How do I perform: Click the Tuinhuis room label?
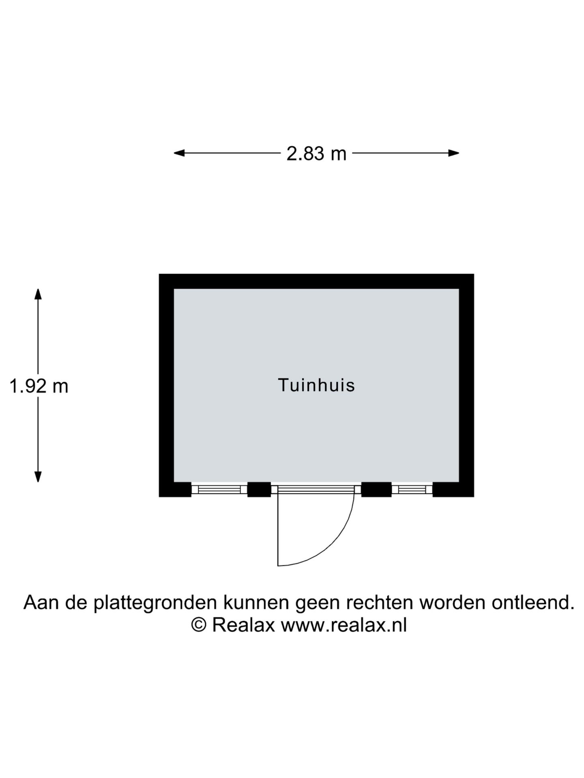click(x=316, y=385)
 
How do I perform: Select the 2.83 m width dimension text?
click(x=316, y=154)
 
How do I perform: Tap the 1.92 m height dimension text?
click(x=39, y=386)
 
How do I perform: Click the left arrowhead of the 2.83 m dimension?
click(x=179, y=153)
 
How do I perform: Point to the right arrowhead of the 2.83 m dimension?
click(x=453, y=153)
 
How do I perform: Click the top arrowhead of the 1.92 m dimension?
click(x=38, y=294)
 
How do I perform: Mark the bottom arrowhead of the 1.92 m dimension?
click(x=38, y=477)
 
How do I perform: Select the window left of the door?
click(x=219, y=489)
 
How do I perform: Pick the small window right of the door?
click(x=412, y=489)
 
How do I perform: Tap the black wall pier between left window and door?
click(x=259, y=489)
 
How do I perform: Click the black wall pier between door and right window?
click(x=376, y=489)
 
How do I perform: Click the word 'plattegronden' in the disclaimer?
click(x=155, y=603)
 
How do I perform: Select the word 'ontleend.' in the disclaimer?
click(x=533, y=603)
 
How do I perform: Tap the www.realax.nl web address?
click(x=344, y=625)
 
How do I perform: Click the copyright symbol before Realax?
click(x=199, y=625)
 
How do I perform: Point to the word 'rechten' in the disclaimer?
click(x=380, y=603)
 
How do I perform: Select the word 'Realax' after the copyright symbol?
click(x=244, y=625)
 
